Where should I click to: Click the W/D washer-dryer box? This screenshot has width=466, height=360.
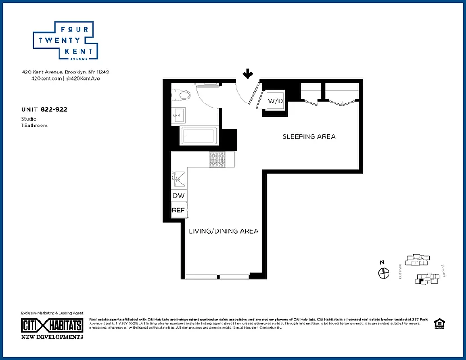pyautogui.click(x=275, y=101)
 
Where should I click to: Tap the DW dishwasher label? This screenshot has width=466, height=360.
pyautogui.click(x=178, y=196)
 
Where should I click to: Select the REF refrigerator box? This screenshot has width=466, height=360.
pyautogui.click(x=178, y=210)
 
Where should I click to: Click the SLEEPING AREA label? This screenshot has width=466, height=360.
pyautogui.click(x=309, y=136)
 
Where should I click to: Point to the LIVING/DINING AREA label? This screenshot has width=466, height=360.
pyautogui.click(x=223, y=231)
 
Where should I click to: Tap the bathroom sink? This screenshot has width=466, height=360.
pyautogui.click(x=178, y=115)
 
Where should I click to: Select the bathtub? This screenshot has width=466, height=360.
pyautogui.click(x=199, y=136)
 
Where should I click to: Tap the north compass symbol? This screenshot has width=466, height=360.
pyautogui.click(x=383, y=273)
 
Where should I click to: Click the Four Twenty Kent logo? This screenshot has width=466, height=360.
pyautogui.click(x=66, y=41)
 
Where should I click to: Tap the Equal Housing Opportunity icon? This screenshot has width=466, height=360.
pyautogui.click(x=439, y=324)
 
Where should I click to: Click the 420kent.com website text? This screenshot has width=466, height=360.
pyautogui.click(x=46, y=78)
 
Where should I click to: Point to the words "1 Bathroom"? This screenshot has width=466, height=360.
pyautogui.click(x=34, y=125)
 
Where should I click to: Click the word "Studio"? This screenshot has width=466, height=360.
pyautogui.click(x=29, y=119)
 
